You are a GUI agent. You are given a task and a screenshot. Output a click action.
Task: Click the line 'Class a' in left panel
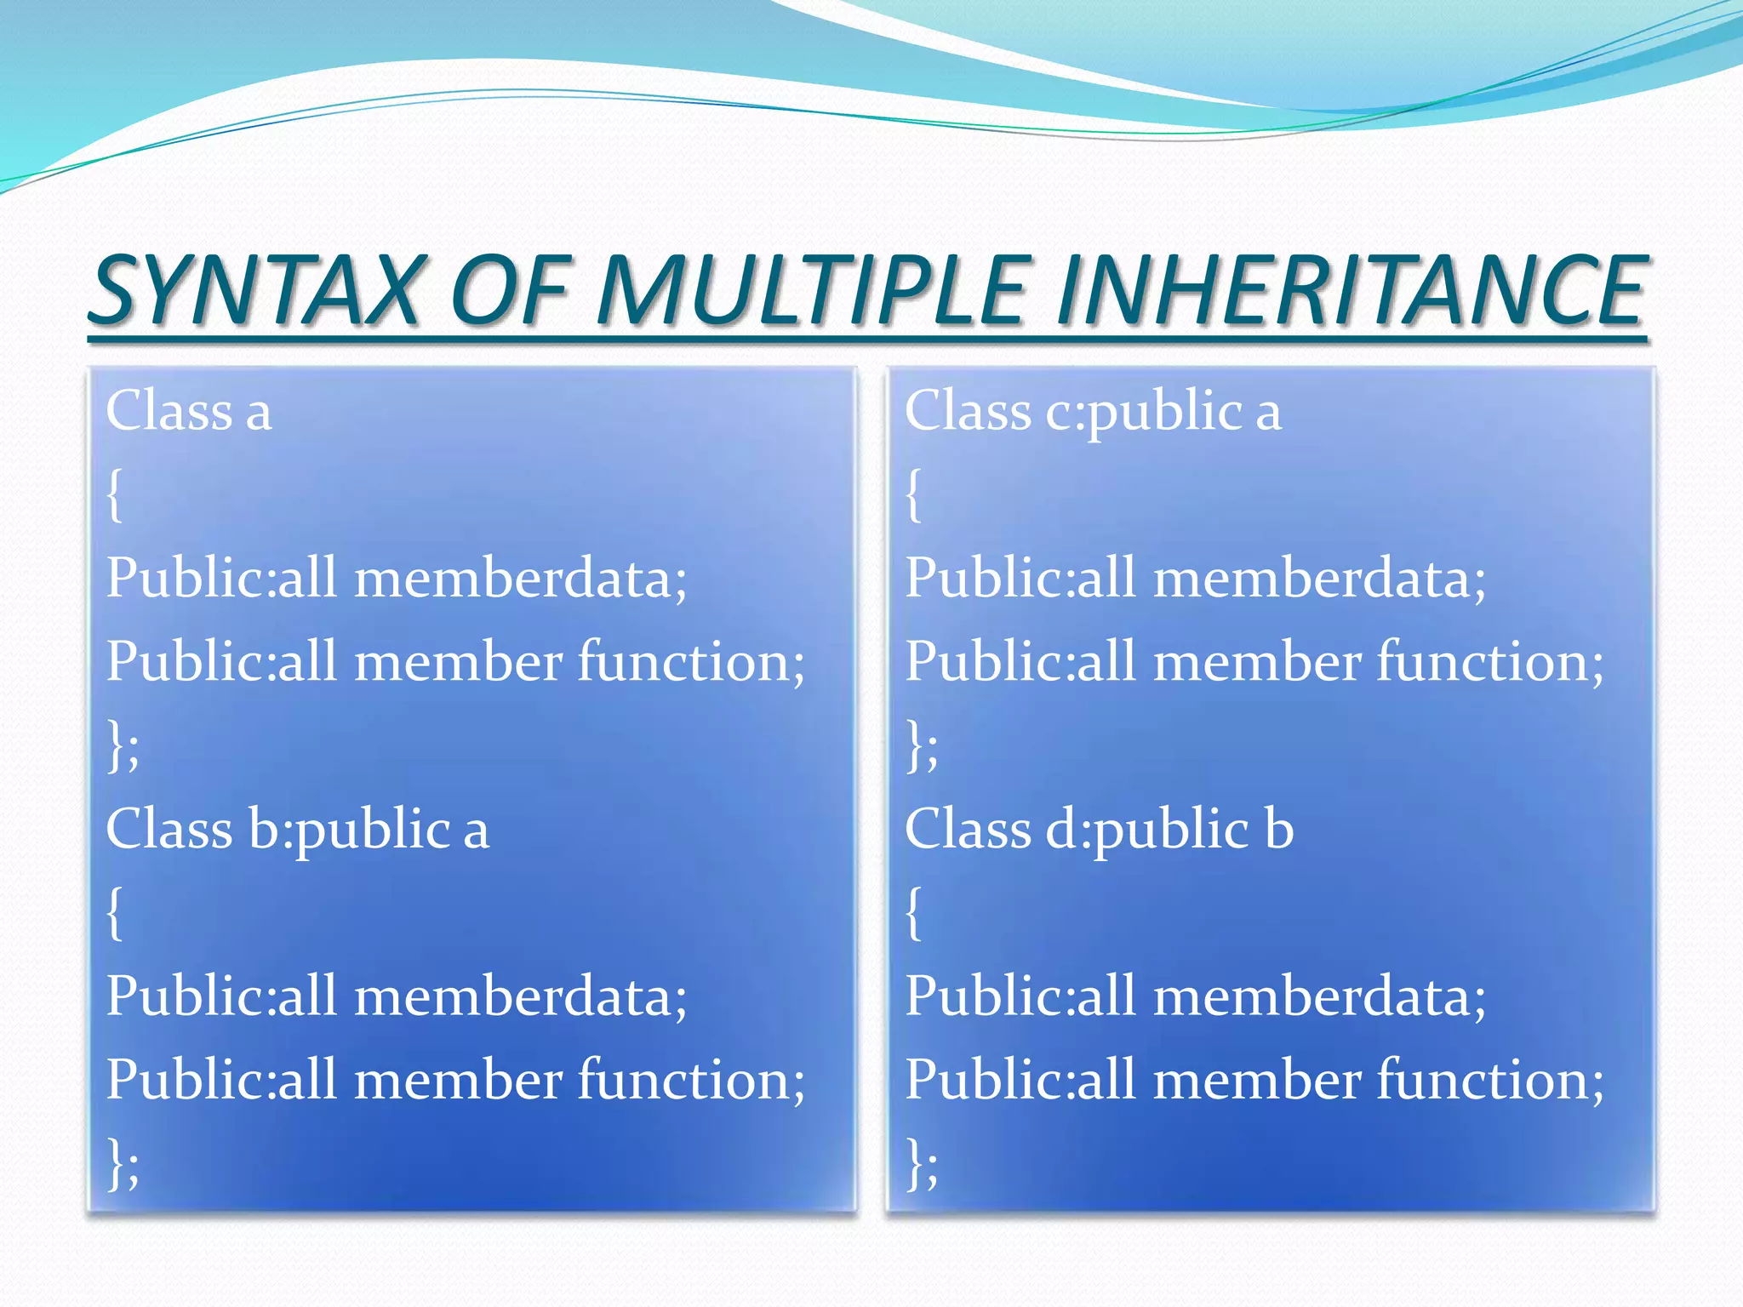189,411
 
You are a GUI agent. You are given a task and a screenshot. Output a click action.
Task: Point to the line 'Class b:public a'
297,830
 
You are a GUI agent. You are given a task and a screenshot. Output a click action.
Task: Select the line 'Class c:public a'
1092,411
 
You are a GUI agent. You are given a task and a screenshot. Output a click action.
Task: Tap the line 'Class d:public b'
1099,830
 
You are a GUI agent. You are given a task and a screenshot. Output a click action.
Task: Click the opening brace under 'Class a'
115,495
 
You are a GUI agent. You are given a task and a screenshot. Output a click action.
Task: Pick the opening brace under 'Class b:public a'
115,914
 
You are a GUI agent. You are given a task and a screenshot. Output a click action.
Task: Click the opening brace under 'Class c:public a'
913,495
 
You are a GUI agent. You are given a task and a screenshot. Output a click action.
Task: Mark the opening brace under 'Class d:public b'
913,914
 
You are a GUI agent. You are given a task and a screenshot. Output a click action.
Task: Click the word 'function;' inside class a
691,662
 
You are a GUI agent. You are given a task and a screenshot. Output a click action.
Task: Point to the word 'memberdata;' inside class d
1319,996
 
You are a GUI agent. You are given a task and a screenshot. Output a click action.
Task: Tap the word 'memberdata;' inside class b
520,996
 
